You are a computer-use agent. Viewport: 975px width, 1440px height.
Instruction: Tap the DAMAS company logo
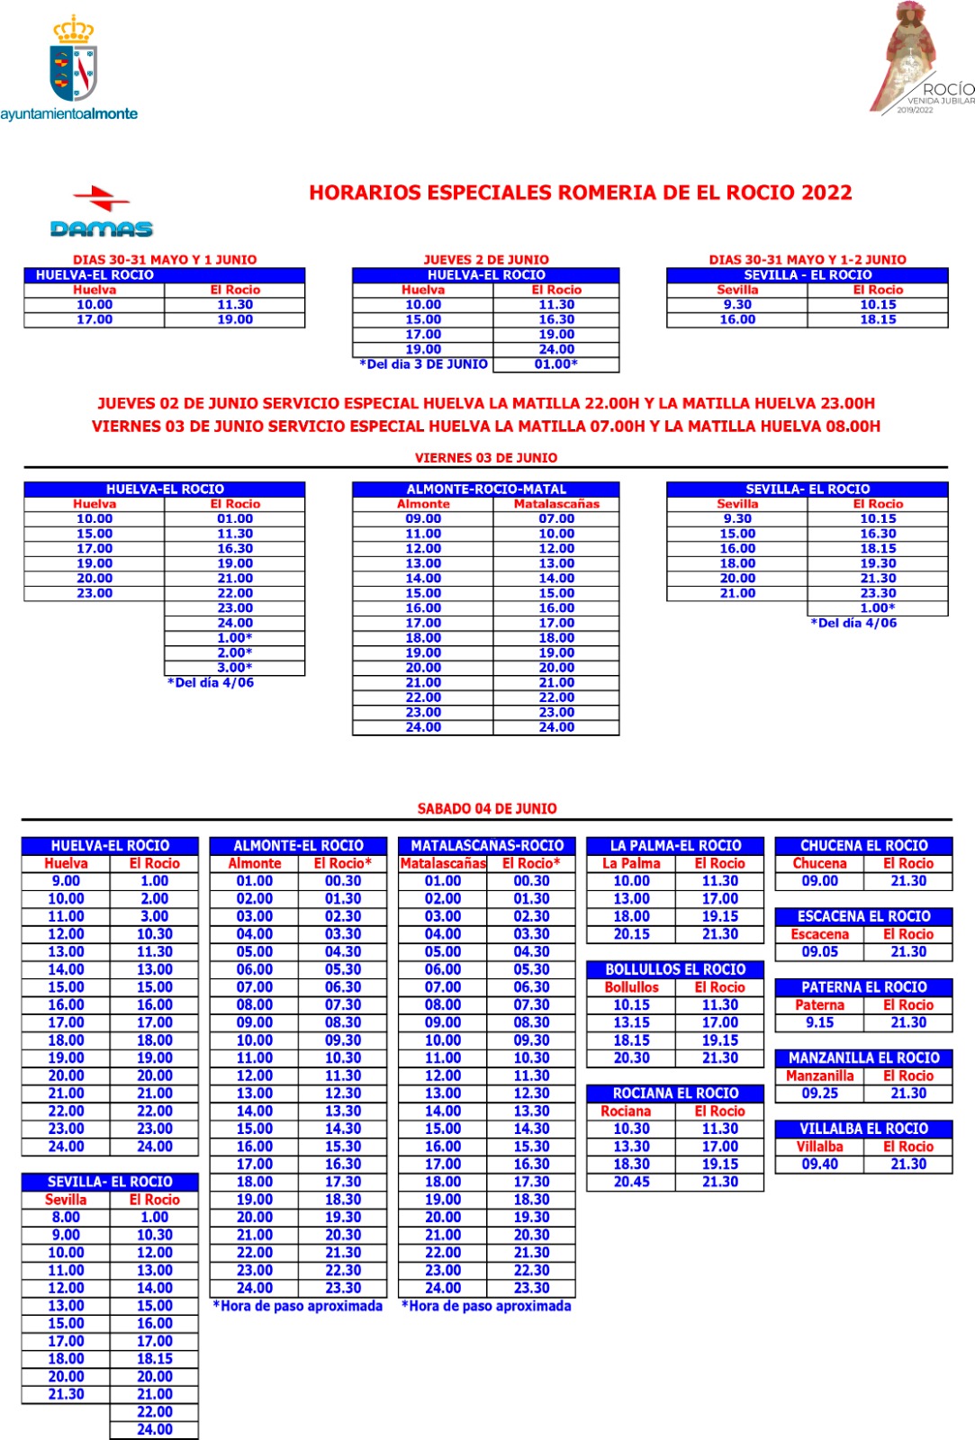point(102,213)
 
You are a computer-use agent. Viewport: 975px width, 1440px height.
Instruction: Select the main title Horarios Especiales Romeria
point(580,193)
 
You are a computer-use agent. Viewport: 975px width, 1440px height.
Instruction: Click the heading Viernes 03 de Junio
point(486,457)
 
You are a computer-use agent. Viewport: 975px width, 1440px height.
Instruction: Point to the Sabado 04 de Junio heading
point(486,808)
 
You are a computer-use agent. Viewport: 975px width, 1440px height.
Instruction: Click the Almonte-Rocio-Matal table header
point(486,490)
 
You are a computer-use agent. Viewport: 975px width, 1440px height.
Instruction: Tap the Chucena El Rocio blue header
point(863,846)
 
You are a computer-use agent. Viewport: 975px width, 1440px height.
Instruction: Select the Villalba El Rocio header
point(863,1129)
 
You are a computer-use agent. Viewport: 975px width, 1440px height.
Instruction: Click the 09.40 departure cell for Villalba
point(819,1164)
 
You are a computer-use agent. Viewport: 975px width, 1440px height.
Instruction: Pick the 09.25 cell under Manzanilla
point(819,1093)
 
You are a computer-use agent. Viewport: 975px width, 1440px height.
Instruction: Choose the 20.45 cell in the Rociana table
point(631,1182)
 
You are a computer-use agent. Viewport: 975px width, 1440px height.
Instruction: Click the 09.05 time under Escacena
point(819,951)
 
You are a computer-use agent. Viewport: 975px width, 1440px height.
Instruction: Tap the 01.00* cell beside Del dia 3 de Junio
point(556,364)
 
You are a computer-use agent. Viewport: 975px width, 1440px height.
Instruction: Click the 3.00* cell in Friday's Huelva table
point(235,668)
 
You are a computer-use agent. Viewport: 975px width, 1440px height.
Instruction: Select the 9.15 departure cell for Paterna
point(819,1022)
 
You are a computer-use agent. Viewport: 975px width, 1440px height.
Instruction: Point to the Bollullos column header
point(631,987)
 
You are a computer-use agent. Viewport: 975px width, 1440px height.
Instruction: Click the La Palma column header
point(631,863)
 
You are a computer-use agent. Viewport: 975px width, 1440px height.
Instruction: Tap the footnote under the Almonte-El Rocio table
point(297,1306)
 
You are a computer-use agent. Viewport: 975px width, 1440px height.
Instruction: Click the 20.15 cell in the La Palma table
point(631,934)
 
